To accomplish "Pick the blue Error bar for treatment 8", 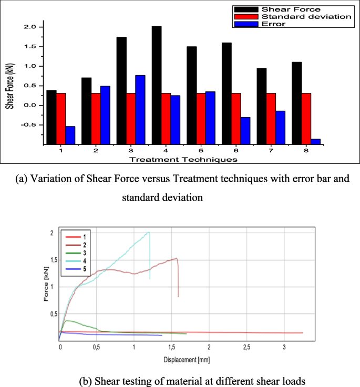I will (315, 141).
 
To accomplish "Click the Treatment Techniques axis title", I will (183, 159).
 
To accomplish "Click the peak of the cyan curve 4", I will (149, 232).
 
